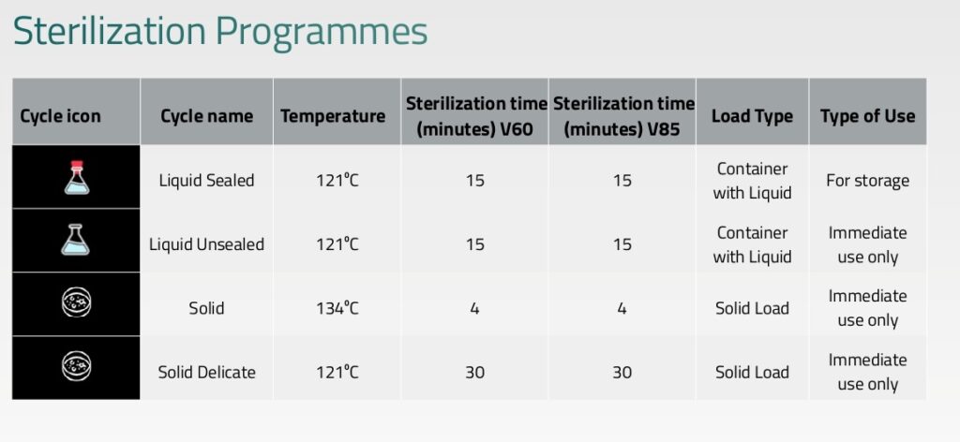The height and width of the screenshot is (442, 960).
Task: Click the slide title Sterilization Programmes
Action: (x=219, y=32)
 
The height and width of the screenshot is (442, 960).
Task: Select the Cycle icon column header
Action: (x=60, y=116)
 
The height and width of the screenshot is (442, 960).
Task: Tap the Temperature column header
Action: (x=333, y=116)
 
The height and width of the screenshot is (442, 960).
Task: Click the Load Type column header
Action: (x=752, y=116)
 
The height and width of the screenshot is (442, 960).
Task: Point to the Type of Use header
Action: (x=867, y=116)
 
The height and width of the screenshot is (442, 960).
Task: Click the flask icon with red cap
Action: (x=77, y=177)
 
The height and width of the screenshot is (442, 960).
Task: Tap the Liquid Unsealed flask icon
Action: (x=75, y=240)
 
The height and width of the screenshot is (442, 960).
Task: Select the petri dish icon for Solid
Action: (x=77, y=303)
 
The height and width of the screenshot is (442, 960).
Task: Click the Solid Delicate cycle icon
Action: (x=77, y=366)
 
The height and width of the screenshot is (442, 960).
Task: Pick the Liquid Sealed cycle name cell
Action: (x=206, y=181)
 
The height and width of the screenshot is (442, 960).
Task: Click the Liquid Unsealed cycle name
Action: (x=207, y=243)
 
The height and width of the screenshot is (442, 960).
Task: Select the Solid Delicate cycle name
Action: (x=207, y=372)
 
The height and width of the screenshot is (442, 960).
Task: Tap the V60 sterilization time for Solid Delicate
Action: (x=474, y=372)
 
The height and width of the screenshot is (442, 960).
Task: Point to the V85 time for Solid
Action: (x=622, y=308)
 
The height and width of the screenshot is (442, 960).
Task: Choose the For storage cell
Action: (x=867, y=181)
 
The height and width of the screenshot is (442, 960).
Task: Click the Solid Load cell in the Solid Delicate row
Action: (x=752, y=372)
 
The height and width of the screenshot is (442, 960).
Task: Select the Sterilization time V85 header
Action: (x=623, y=116)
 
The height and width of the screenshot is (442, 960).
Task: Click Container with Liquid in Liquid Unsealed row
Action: (x=752, y=244)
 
